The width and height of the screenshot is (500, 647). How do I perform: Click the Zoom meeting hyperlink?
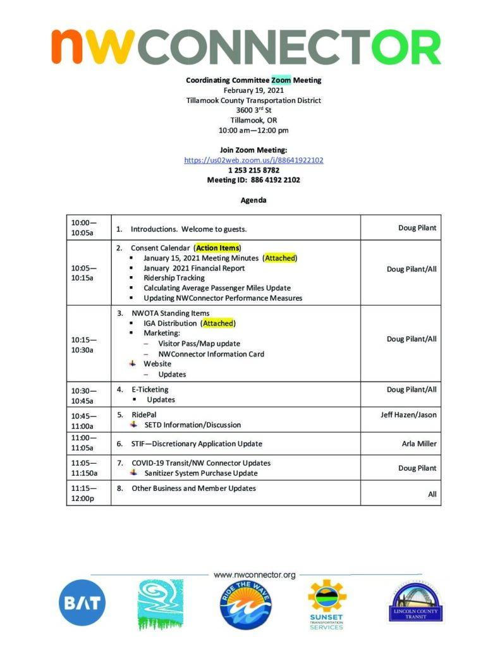click(x=253, y=160)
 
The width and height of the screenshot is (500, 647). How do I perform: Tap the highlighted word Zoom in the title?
click(x=281, y=80)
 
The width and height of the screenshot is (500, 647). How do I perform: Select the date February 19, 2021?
click(x=253, y=90)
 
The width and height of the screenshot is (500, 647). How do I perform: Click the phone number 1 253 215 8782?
click(x=253, y=170)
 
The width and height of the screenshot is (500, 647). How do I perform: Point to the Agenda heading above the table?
click(x=253, y=200)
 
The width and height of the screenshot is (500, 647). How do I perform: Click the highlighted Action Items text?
click(x=217, y=248)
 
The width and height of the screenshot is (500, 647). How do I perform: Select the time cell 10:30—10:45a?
click(x=83, y=395)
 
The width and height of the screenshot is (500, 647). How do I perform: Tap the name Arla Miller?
click(x=419, y=444)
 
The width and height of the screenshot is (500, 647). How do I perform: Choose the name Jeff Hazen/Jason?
click(x=409, y=414)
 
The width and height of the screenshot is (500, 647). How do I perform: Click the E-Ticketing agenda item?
click(x=150, y=390)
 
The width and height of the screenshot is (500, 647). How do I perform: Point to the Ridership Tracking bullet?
click(x=174, y=278)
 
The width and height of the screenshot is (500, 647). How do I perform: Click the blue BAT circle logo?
click(x=82, y=603)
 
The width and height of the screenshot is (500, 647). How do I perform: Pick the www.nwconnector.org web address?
click(x=255, y=575)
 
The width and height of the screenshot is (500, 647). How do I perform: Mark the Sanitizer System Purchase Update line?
click(x=200, y=473)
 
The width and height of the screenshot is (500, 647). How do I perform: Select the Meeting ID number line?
click(x=253, y=180)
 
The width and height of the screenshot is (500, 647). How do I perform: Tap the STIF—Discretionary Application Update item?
click(x=197, y=444)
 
